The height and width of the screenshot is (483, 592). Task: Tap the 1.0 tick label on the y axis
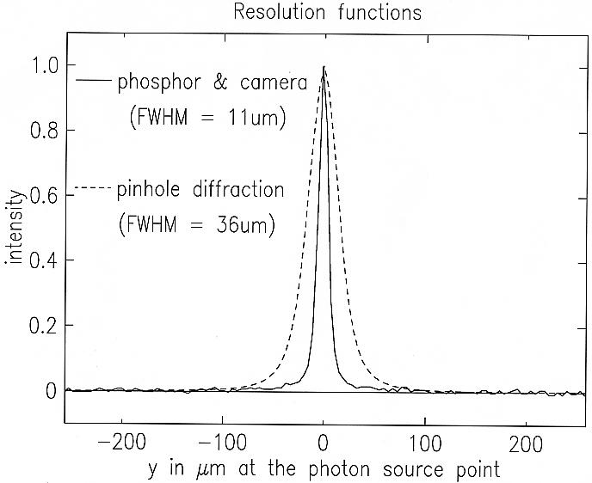[x=43, y=65]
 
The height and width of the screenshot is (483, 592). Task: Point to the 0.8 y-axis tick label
[x=43, y=131]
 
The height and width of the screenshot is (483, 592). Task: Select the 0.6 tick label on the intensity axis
[x=43, y=196]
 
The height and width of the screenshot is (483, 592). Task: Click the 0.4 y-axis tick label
[x=43, y=260]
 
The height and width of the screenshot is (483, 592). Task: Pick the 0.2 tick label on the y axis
[x=43, y=326]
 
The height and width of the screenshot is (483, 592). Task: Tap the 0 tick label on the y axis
[x=52, y=391]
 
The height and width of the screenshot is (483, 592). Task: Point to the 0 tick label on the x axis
[x=324, y=445]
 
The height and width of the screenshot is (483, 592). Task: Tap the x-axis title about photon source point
[x=322, y=471]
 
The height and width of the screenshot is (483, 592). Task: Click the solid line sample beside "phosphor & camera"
[x=94, y=81]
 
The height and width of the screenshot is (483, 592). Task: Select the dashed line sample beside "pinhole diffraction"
[x=94, y=188]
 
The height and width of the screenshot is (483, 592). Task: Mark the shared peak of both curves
[x=324, y=67]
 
